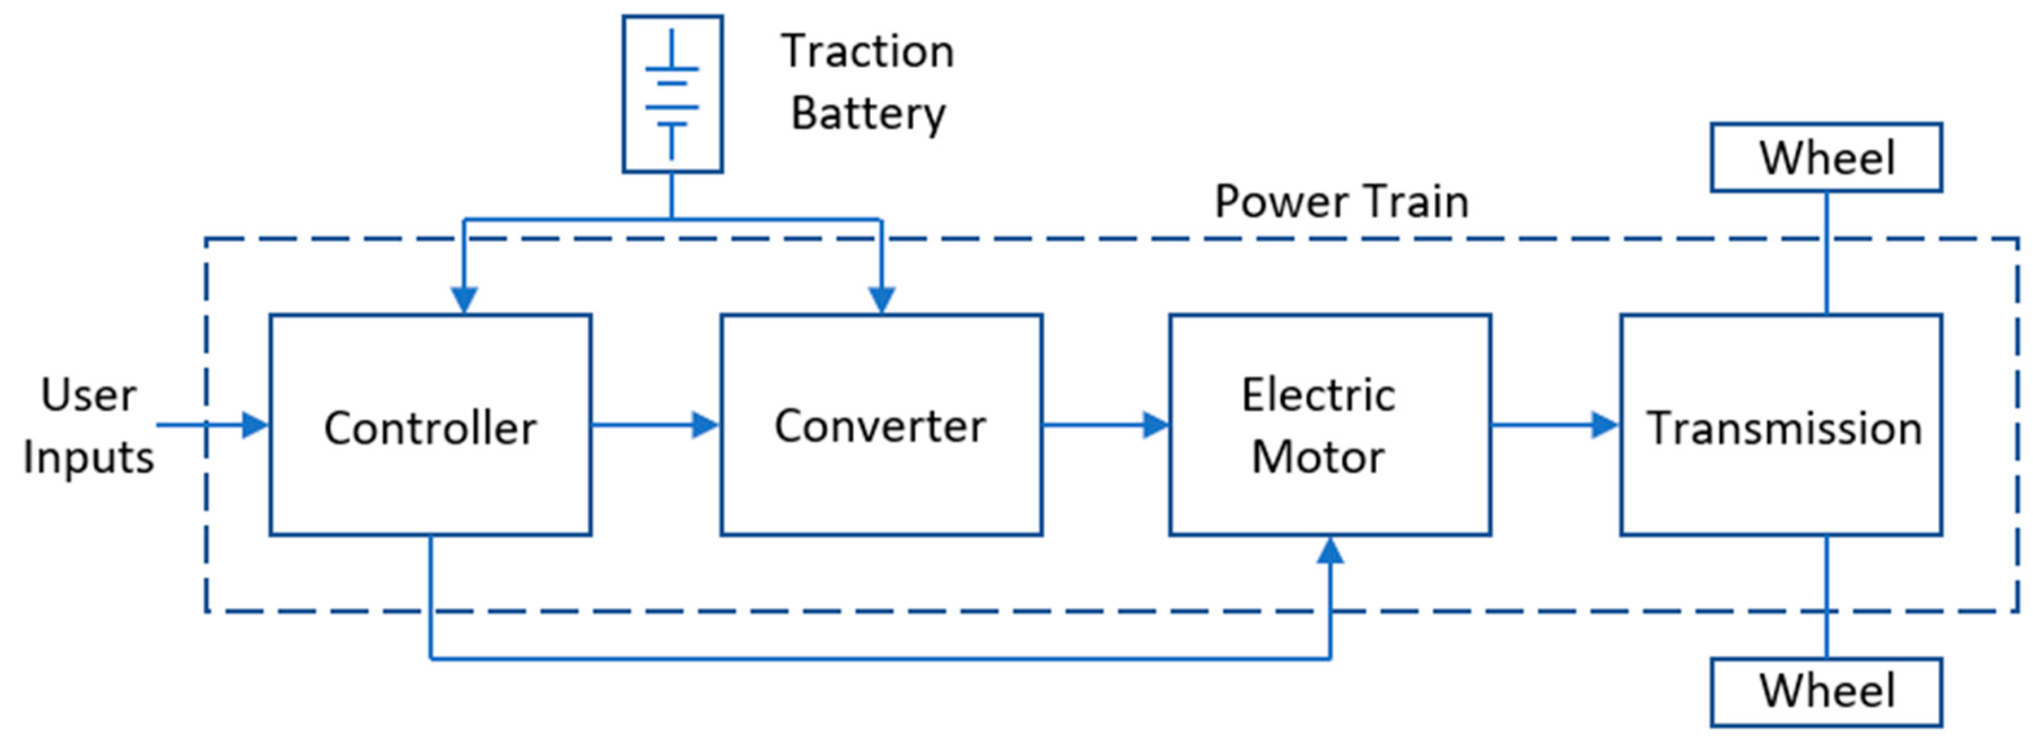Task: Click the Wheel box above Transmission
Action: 1826,157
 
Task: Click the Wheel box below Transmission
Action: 1826,691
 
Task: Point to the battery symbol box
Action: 673,94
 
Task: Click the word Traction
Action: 867,52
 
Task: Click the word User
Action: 89,395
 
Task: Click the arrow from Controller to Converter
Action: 655,425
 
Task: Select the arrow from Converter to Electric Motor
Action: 1105,425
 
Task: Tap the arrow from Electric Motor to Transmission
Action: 1555,425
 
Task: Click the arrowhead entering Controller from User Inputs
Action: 254,425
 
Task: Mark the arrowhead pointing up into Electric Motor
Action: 1330,551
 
